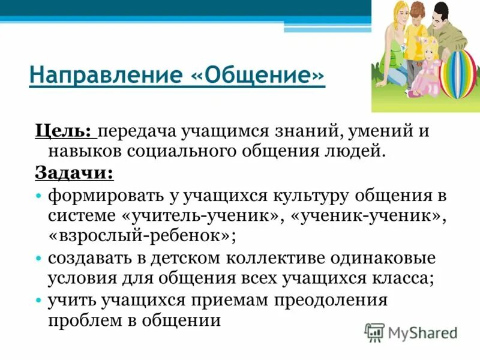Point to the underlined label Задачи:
coord(74,172)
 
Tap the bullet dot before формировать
coord(38,196)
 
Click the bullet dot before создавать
coord(38,259)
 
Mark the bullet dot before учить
coord(38,299)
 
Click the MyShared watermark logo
coord(411,331)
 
